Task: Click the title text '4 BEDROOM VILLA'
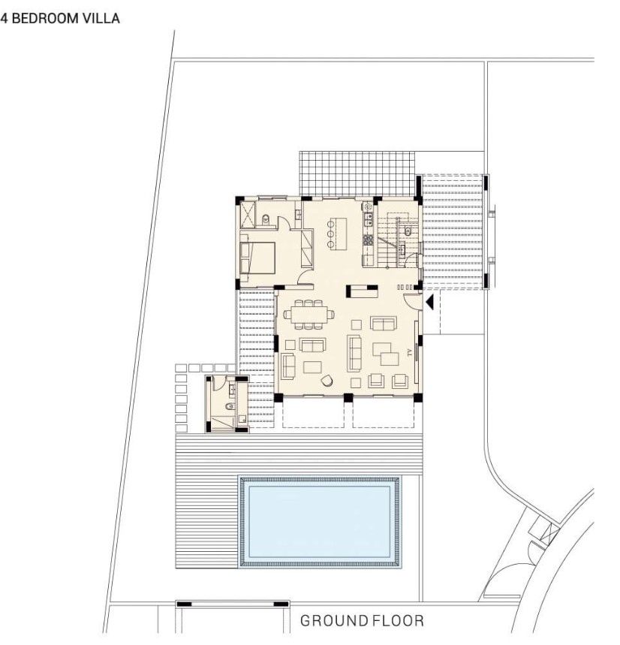click(x=60, y=17)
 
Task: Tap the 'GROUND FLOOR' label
click(x=362, y=621)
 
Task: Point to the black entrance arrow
click(x=429, y=302)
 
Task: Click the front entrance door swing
click(x=413, y=302)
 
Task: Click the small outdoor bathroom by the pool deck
click(x=226, y=403)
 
